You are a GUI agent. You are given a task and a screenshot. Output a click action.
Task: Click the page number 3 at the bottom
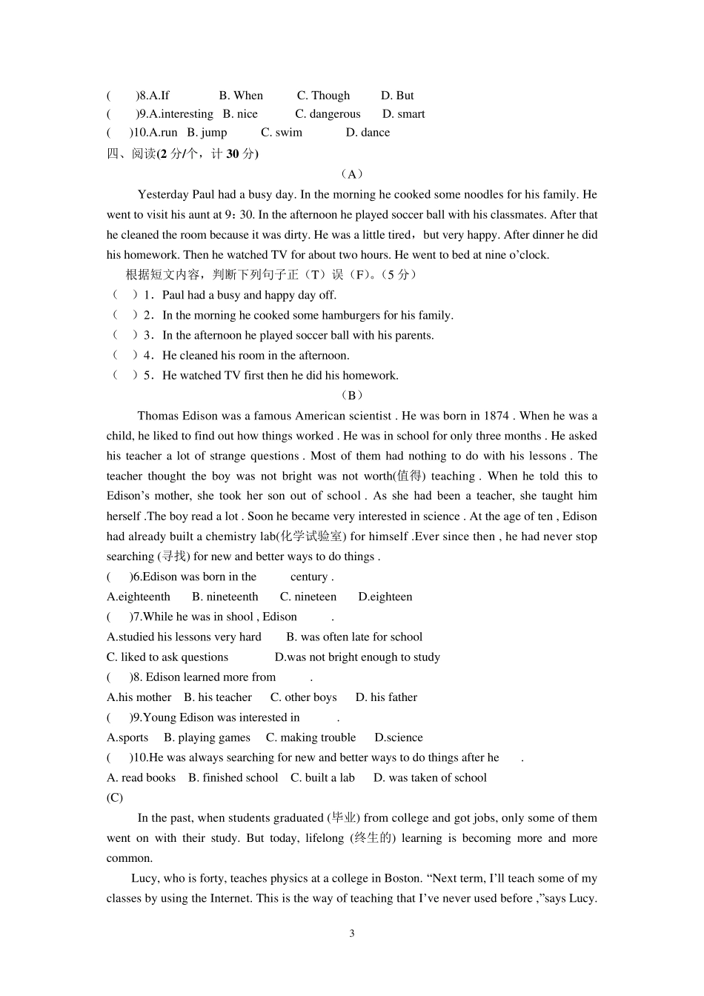pyautogui.click(x=352, y=933)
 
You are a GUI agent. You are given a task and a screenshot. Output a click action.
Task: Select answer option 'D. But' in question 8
pyautogui.click(x=397, y=96)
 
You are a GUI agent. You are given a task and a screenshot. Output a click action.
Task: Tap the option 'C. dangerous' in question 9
pyautogui.click(x=328, y=114)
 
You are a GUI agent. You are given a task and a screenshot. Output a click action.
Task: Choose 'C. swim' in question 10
pyautogui.click(x=282, y=133)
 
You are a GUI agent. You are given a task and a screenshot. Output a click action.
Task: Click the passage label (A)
pyautogui.click(x=352, y=174)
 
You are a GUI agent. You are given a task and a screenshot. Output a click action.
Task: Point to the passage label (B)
pyautogui.click(x=352, y=395)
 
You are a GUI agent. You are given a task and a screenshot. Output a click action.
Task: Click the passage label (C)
pyautogui.click(x=115, y=797)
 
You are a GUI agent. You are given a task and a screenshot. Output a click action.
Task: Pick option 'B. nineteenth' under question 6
pyautogui.click(x=225, y=597)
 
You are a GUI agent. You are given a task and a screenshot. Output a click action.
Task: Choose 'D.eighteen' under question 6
pyautogui.click(x=385, y=597)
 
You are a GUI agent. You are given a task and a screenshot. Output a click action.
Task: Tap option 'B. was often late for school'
pyautogui.click(x=354, y=637)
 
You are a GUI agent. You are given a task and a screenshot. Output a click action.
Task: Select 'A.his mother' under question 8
pyautogui.click(x=139, y=697)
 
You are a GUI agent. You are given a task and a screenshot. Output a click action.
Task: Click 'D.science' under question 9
pyautogui.click(x=399, y=737)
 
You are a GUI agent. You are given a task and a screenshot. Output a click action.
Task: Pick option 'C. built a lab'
pyautogui.click(x=322, y=777)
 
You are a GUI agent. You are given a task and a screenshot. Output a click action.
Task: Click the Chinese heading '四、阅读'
pyautogui.click(x=132, y=154)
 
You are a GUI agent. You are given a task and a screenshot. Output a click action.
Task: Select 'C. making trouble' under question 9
pyautogui.click(x=311, y=737)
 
